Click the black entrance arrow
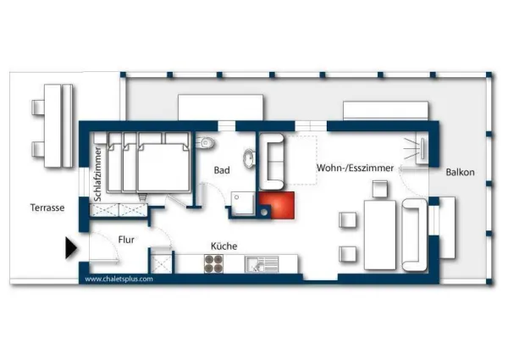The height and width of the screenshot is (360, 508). pyautogui.click(x=71, y=248)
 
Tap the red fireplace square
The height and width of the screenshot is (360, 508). pyautogui.click(x=277, y=205)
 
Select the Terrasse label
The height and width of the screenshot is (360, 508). pyautogui.click(x=47, y=208)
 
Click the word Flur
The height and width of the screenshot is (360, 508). pyautogui.click(x=126, y=240)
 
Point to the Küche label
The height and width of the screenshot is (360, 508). pyautogui.click(x=224, y=246)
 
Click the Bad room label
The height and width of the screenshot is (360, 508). pyautogui.click(x=222, y=170)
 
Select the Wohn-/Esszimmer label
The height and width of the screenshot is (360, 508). pyautogui.click(x=355, y=168)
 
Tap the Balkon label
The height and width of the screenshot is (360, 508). pyautogui.click(x=460, y=172)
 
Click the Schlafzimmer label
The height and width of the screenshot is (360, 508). pyautogui.click(x=98, y=174)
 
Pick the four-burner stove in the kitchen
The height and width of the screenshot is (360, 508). pyautogui.click(x=214, y=263)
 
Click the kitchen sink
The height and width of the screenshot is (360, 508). pyautogui.click(x=262, y=264)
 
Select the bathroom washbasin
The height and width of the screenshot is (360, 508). pyautogui.click(x=249, y=158)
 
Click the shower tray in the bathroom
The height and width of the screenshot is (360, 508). pyautogui.click(x=243, y=203)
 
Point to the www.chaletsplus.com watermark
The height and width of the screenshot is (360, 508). pyautogui.click(x=119, y=279)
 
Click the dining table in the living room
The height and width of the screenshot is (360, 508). pyautogui.click(x=380, y=235)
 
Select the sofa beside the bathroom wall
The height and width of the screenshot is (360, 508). pyautogui.click(x=272, y=162)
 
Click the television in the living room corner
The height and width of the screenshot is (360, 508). pyautogui.click(x=422, y=149)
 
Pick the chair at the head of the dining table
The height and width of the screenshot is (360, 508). pyautogui.click(x=379, y=189)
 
